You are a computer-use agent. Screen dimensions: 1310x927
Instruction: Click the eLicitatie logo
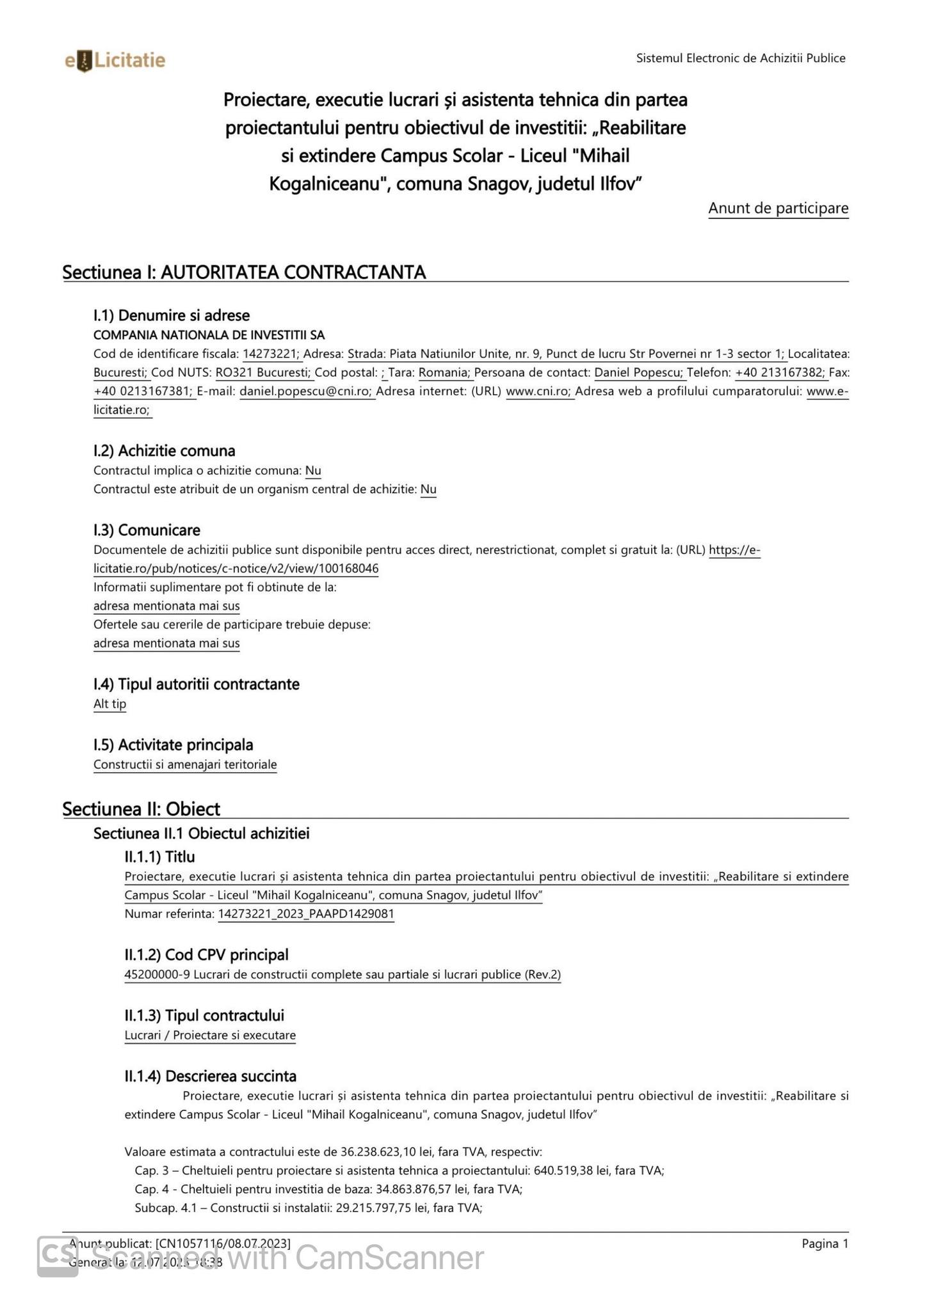coord(115,61)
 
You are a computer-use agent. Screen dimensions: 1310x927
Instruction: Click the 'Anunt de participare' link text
coord(778,209)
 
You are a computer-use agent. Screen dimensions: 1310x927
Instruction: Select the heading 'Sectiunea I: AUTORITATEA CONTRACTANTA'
coord(244,272)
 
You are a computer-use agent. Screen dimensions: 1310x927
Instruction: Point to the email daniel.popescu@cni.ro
coord(307,391)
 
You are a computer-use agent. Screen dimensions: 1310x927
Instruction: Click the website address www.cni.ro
coord(538,391)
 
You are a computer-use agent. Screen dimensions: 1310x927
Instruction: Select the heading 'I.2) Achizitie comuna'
coord(165,451)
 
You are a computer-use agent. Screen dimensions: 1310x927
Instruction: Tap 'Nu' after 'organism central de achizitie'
coord(428,490)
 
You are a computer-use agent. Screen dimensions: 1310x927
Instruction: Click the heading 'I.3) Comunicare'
coord(147,530)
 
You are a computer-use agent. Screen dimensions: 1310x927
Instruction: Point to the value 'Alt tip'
coord(110,704)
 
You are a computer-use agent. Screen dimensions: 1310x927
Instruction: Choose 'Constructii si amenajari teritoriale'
coord(185,765)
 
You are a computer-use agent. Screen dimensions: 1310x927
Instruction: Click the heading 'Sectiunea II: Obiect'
coord(141,809)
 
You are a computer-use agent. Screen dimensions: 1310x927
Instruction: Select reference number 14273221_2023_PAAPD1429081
coord(306,914)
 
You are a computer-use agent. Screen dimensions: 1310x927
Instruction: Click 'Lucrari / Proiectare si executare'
coord(210,1036)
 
